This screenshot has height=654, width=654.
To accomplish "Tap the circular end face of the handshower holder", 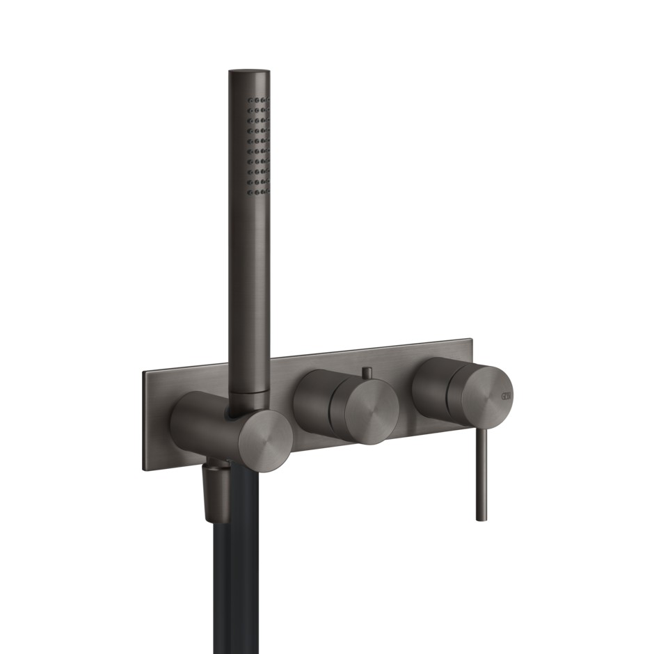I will click(x=266, y=436).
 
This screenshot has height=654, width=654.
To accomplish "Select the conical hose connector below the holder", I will click(x=217, y=490).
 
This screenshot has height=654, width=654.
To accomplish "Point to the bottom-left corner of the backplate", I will click(x=145, y=470).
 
